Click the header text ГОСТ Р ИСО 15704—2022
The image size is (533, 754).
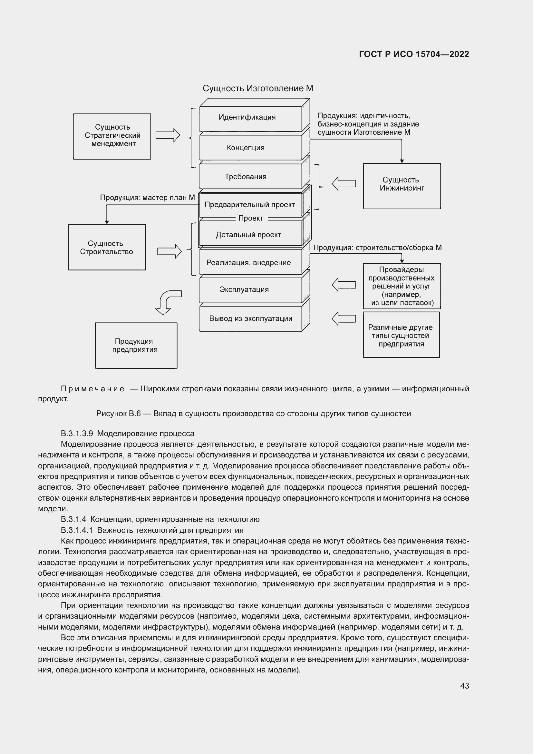[x=414, y=54]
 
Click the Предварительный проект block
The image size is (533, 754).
[x=250, y=205]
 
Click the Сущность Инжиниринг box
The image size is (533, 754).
[x=402, y=186]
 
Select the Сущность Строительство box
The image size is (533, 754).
[x=107, y=247]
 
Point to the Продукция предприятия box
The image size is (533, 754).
[x=136, y=346]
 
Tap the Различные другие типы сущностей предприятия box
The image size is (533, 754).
[x=401, y=335]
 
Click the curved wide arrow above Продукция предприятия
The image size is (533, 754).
[x=167, y=301]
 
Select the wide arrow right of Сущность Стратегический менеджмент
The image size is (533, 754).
[x=168, y=135]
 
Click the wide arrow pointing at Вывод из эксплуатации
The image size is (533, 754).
[x=344, y=318]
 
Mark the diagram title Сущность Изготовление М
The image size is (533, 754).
[x=258, y=88]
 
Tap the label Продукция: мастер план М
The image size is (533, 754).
[x=147, y=198]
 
